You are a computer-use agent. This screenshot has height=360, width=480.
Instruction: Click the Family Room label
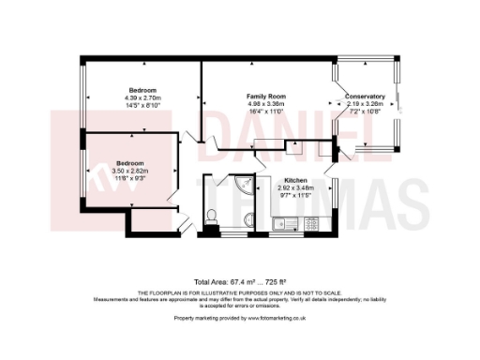pos(265,97)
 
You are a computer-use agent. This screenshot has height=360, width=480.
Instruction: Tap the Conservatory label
pos(365,97)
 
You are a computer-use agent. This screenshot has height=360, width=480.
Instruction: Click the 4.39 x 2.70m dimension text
pos(142,97)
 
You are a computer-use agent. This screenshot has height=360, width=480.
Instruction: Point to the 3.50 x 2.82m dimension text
pos(130,171)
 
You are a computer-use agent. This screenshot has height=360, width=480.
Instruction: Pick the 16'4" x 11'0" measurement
pos(265,112)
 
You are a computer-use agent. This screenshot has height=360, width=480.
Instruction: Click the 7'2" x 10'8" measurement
pos(365,112)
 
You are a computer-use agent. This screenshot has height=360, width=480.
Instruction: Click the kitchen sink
pos(285,223)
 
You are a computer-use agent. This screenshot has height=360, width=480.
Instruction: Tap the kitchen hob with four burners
pos(307,223)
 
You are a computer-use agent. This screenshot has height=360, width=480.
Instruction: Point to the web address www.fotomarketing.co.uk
pos(278,318)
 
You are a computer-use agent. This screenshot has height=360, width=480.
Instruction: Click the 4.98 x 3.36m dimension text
pos(265,104)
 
